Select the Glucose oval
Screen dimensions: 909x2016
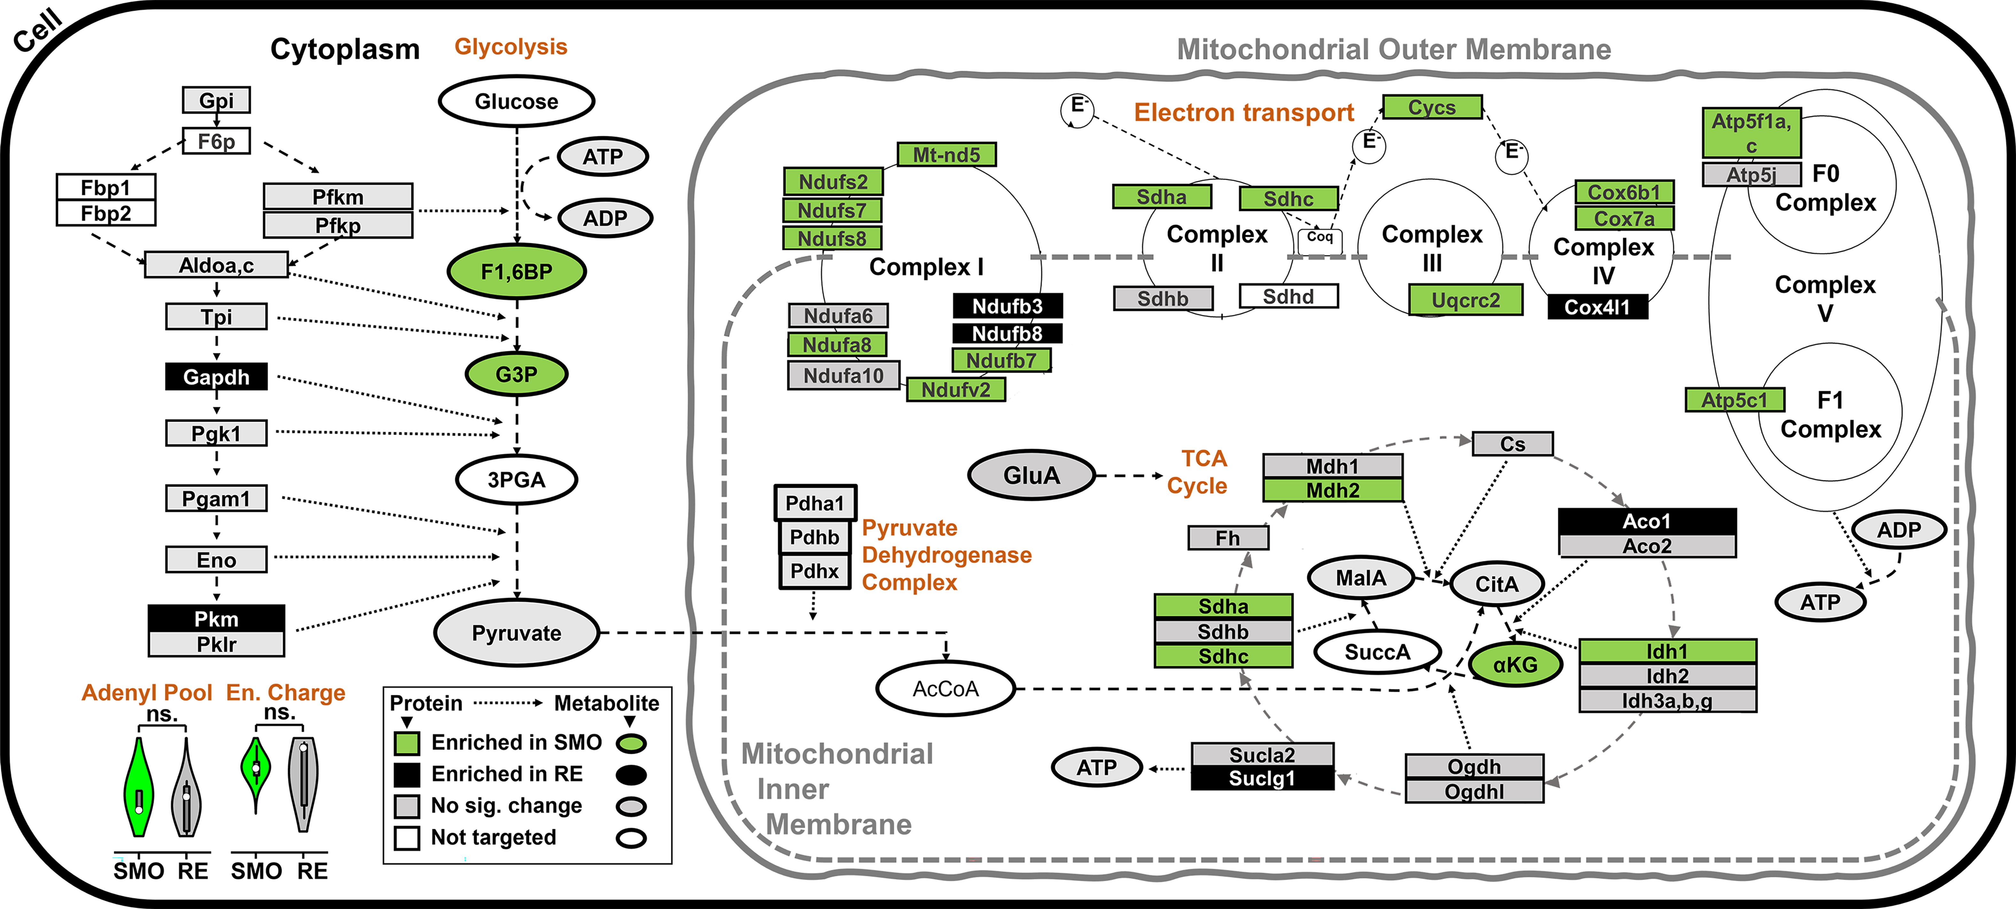point(517,102)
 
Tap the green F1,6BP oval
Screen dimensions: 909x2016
point(517,272)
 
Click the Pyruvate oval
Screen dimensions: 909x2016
point(517,633)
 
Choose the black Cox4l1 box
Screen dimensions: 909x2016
point(1597,307)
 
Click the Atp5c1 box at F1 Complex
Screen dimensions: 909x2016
point(1734,400)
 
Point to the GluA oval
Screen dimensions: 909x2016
point(1031,475)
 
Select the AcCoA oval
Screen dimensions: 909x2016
point(946,689)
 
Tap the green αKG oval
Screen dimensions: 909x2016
point(1515,665)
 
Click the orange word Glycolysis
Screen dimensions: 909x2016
point(511,47)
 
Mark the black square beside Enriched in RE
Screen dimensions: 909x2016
point(407,774)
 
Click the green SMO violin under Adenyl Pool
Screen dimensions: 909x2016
point(138,787)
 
